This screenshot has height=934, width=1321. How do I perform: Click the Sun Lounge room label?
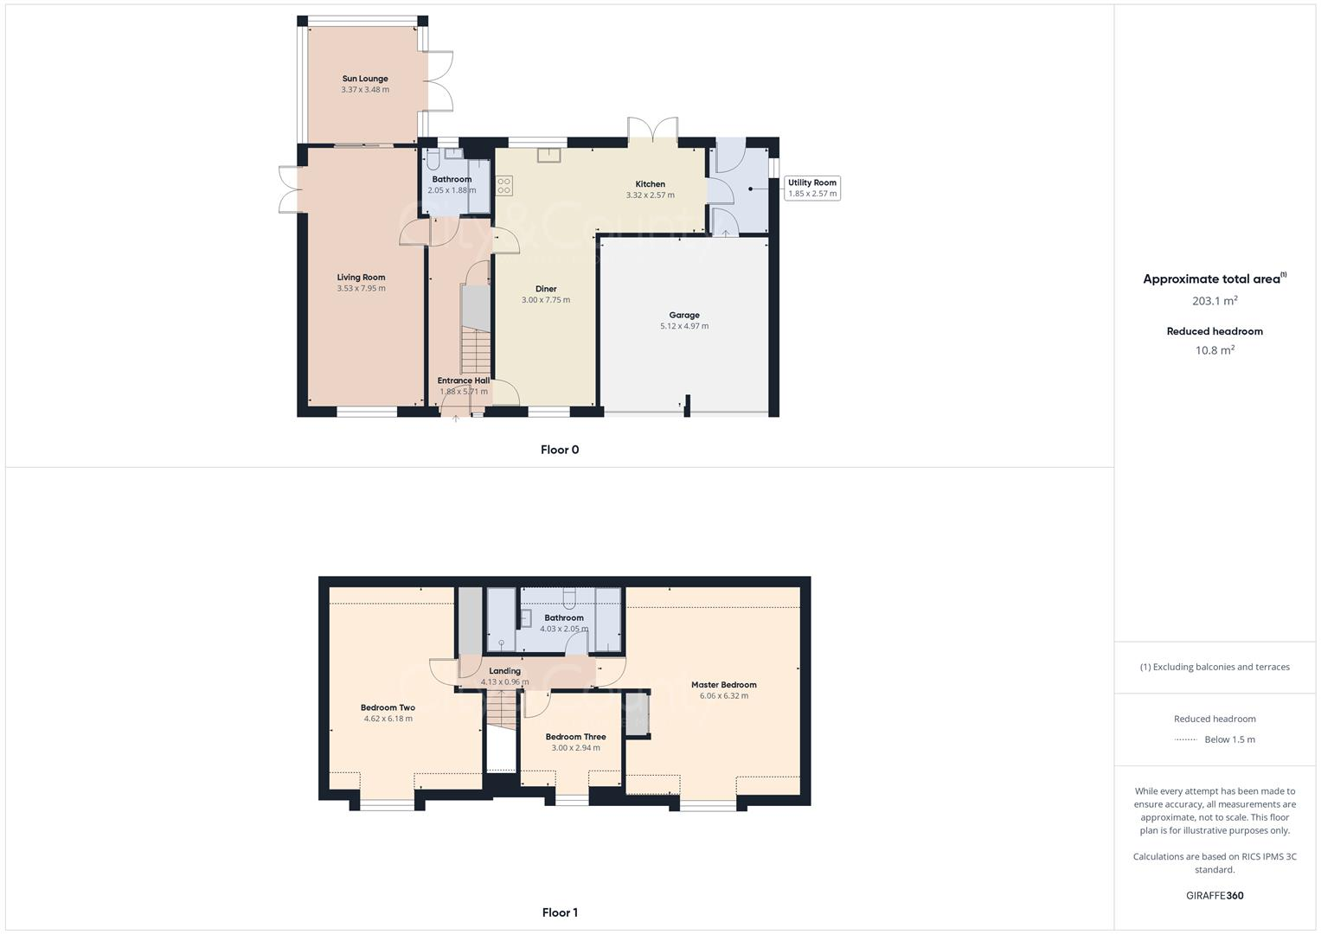[364, 79]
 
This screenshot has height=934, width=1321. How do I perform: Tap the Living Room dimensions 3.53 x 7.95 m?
[362, 289]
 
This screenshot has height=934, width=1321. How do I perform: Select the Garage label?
[683, 316]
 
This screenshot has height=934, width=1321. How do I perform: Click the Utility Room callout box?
[811, 188]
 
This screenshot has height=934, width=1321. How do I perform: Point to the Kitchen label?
[650, 184]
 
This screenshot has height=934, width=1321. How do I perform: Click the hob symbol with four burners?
[504, 186]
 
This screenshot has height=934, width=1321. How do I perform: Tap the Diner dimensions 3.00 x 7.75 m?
[546, 300]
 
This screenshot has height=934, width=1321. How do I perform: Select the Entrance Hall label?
[463, 381]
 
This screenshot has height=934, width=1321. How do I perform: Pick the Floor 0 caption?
[560, 450]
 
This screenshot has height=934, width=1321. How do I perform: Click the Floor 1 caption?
[560, 912]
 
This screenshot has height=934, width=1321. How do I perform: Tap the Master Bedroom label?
[723, 685]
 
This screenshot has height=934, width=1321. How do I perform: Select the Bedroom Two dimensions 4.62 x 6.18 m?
[388, 719]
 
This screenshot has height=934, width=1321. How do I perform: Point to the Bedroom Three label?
[575, 737]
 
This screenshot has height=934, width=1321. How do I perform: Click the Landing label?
[504, 671]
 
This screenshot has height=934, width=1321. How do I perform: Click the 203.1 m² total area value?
[1215, 301]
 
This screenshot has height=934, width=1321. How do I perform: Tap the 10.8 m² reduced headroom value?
[1215, 350]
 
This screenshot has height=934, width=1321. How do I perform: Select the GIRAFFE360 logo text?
[1215, 896]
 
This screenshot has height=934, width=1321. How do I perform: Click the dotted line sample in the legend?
[1185, 739]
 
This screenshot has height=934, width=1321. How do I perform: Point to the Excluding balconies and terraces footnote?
[1215, 667]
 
